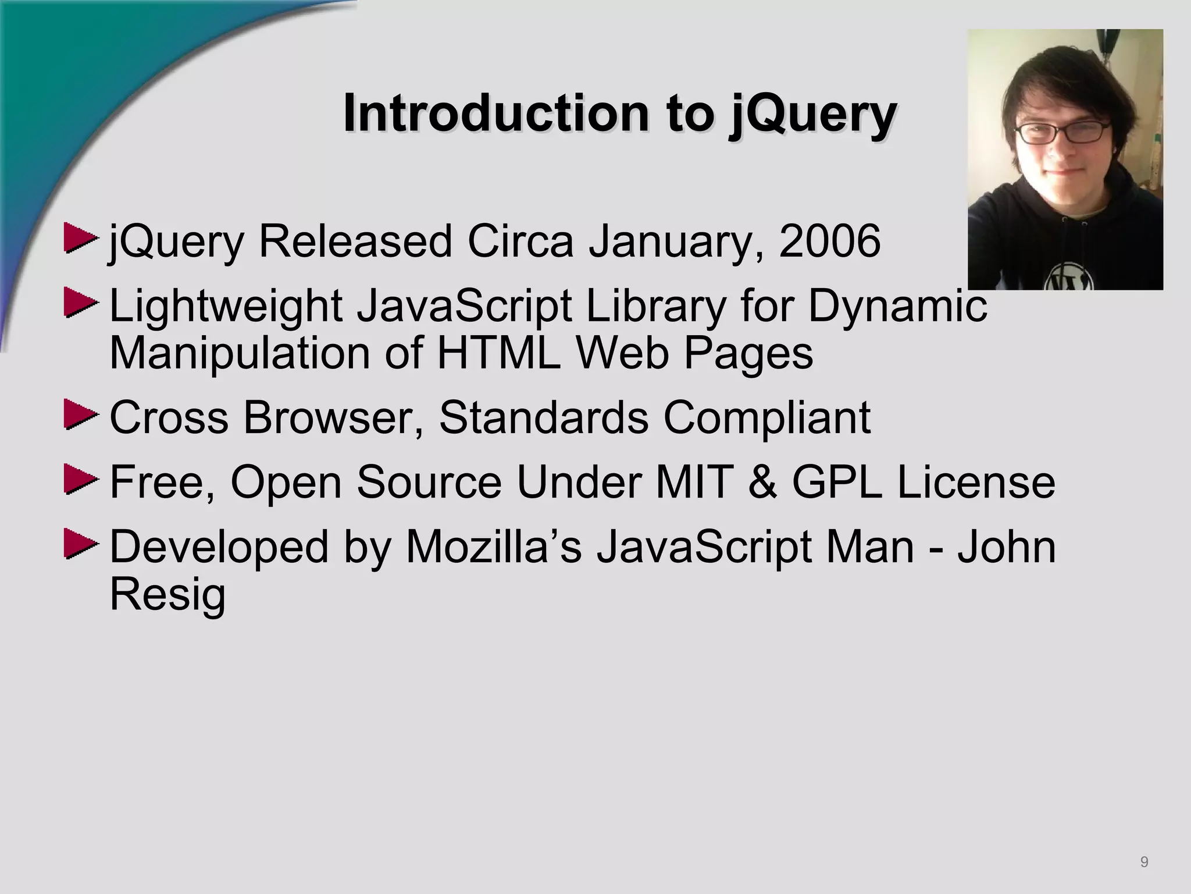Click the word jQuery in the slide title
coord(812,115)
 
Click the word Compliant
coord(767,418)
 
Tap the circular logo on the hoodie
coord(1069,278)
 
